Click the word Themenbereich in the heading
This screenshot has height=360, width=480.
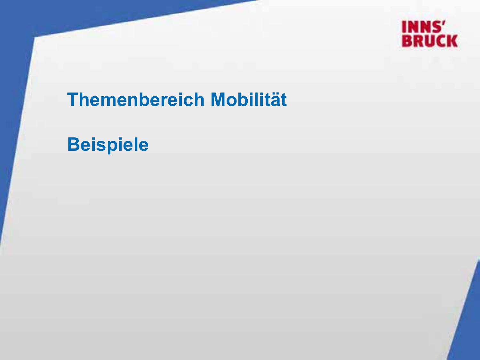pyautogui.click(x=136, y=100)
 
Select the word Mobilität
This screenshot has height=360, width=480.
pyautogui.click(x=249, y=100)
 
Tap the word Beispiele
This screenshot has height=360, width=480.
pyautogui.click(x=108, y=145)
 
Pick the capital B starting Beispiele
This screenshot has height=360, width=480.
pyautogui.click(x=74, y=144)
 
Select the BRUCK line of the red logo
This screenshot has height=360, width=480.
pyautogui.click(x=430, y=41)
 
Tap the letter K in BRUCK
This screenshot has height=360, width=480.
pyautogui.click(x=452, y=41)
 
